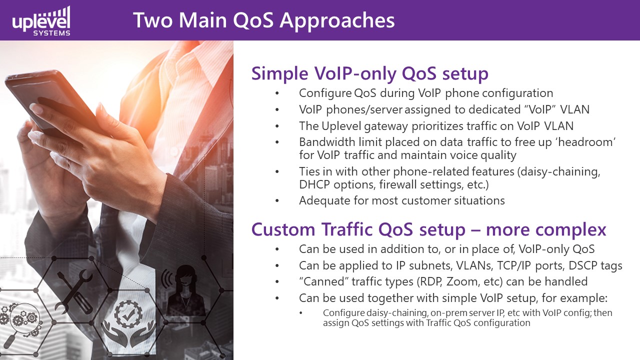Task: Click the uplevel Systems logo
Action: [x=41, y=21]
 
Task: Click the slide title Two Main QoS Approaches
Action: [x=263, y=20]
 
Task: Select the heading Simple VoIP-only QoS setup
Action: [x=369, y=73]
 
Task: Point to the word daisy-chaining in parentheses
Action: [x=560, y=172]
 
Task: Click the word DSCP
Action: [x=582, y=265]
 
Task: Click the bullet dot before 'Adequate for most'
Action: [x=277, y=201]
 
